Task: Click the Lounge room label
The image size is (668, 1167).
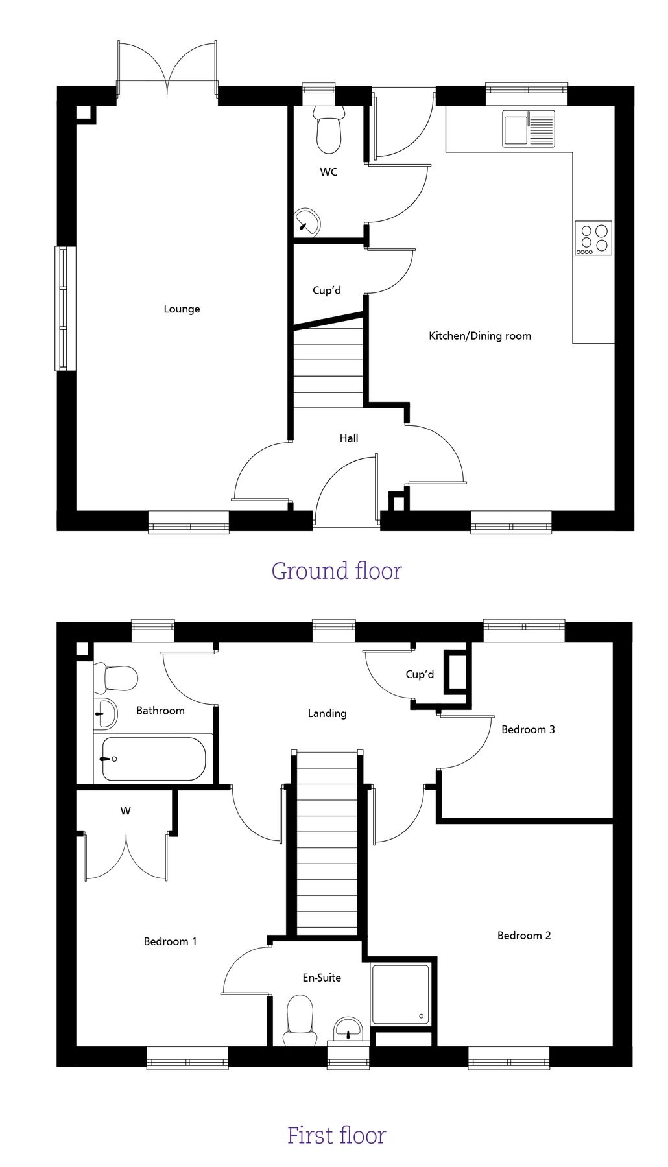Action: tap(182, 309)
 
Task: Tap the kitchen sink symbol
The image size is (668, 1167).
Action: tap(529, 128)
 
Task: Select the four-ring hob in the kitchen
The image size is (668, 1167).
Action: tap(593, 238)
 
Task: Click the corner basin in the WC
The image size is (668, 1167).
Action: tap(307, 222)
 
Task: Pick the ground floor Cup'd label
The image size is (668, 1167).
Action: tap(327, 290)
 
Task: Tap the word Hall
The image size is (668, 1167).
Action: tap(349, 438)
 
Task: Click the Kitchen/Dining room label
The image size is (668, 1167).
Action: tap(480, 336)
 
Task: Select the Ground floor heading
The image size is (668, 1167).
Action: tap(337, 571)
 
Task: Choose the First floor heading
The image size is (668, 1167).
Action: tap(337, 1135)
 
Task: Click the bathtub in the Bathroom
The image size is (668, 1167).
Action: tap(154, 759)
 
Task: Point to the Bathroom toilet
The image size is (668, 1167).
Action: tap(116, 678)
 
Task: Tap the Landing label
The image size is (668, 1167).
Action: tap(327, 713)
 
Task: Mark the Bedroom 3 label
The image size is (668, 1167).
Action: tap(528, 729)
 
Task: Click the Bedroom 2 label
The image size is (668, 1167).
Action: tap(524, 936)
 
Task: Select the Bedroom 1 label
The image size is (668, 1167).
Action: tap(170, 941)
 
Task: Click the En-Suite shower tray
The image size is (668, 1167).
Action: tap(400, 995)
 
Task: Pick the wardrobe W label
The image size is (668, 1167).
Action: tap(126, 810)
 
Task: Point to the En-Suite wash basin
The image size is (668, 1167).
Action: tap(348, 1030)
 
